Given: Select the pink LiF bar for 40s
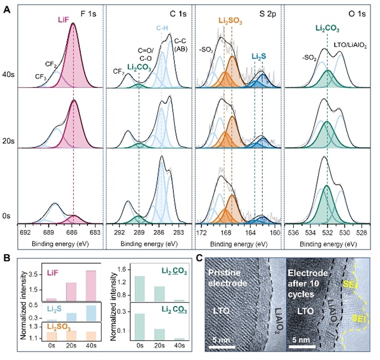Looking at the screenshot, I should tap(90, 286).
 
